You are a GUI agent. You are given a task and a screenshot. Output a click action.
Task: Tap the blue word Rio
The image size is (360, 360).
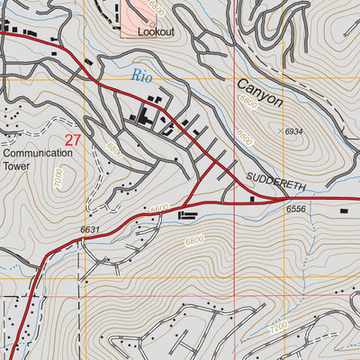coord(141,76)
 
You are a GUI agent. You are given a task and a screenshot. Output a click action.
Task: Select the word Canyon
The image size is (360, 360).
coord(260,94)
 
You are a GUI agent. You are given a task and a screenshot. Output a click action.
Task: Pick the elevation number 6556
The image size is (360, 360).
coord(298,210)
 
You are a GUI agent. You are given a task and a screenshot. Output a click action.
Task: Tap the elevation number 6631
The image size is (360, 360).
coord(90,230)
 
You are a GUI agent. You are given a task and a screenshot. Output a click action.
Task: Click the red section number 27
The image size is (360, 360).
coord(73,140)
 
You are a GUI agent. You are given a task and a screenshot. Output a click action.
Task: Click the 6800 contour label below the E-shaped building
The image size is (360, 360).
coord(193,240)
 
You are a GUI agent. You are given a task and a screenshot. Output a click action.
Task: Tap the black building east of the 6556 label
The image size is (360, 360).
coord(343,211)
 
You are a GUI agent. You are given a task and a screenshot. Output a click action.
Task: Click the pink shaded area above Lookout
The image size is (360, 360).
coord(143,11)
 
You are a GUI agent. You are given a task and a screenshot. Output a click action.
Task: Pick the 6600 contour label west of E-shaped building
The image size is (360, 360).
coord(159,209)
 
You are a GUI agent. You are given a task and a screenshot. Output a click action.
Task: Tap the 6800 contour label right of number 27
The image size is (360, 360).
coord(112,148)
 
